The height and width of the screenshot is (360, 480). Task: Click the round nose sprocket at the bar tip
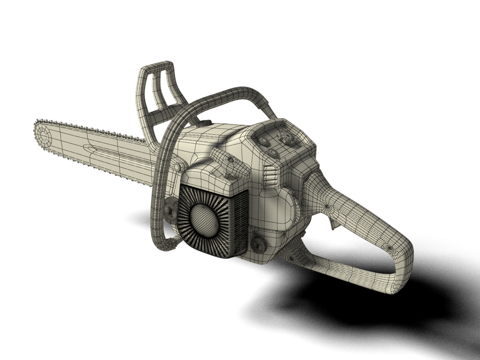coord(44,133)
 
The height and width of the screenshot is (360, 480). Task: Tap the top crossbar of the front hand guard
coord(159,67)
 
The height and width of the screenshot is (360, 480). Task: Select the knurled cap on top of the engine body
coord(205,122)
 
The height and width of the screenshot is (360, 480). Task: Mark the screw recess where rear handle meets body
coord(326,207)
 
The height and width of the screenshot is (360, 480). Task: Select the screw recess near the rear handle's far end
coord(389,247)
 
